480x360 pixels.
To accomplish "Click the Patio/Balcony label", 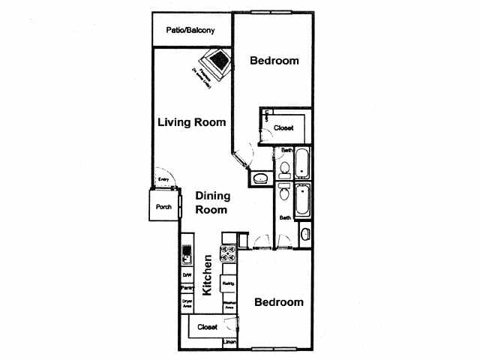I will pyautogui.click(x=191, y=31).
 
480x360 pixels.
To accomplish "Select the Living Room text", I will pyautogui.click(x=192, y=121).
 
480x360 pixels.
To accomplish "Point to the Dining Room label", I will pyautogui.click(x=212, y=202).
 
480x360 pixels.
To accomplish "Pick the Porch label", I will pyautogui.click(x=163, y=207).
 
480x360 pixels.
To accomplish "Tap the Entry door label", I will pyautogui.click(x=163, y=180).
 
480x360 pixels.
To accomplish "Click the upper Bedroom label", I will pyautogui.click(x=274, y=61).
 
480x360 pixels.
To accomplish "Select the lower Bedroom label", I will pyautogui.click(x=278, y=302).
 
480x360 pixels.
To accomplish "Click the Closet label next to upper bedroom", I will pyautogui.click(x=283, y=127).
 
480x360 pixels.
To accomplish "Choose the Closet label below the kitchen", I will pyautogui.click(x=207, y=327).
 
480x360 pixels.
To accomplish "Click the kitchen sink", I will pyautogui.click(x=187, y=259).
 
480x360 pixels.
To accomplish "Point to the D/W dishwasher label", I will pyautogui.click(x=187, y=275).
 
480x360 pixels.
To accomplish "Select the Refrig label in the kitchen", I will pyautogui.click(x=229, y=283).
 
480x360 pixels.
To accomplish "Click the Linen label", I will pyautogui.click(x=229, y=343).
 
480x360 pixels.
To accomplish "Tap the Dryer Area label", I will pyautogui.click(x=187, y=303).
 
